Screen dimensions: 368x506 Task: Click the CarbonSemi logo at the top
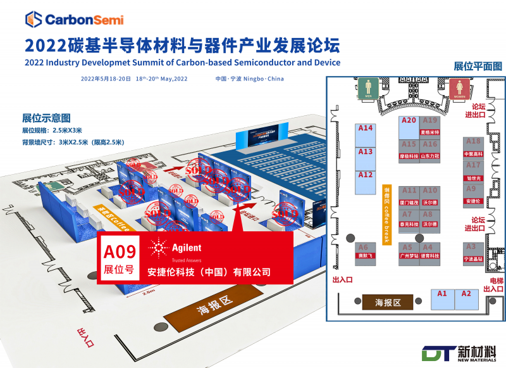(x=74, y=20)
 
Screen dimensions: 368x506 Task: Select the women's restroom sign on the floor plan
(x=459, y=88)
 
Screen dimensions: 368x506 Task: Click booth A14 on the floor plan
(x=366, y=136)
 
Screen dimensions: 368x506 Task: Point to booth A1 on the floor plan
(x=442, y=299)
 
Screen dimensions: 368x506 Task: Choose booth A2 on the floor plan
(x=466, y=299)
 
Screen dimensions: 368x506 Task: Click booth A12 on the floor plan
(x=366, y=182)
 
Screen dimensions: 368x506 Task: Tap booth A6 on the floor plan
(x=363, y=251)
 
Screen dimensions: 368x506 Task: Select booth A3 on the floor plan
(x=471, y=251)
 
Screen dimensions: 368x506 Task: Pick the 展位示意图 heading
(x=46, y=118)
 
